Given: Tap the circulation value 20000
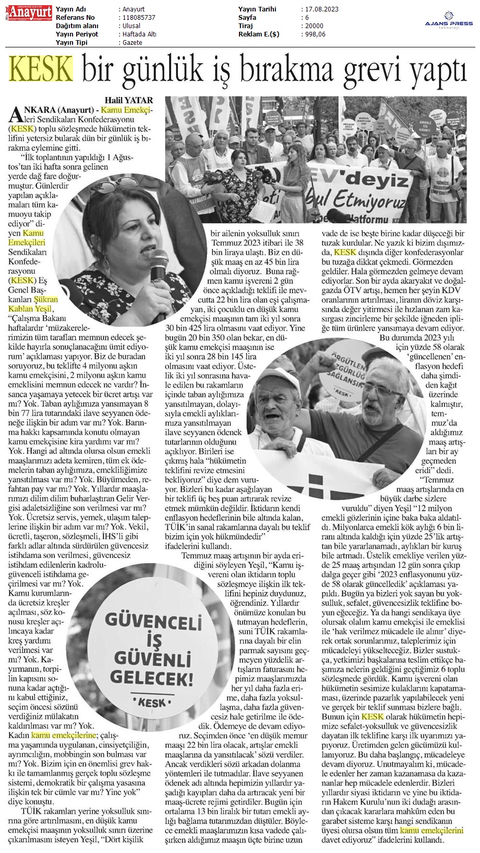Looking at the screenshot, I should click(x=314, y=26).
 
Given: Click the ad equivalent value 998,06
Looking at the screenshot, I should click(x=315, y=34).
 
